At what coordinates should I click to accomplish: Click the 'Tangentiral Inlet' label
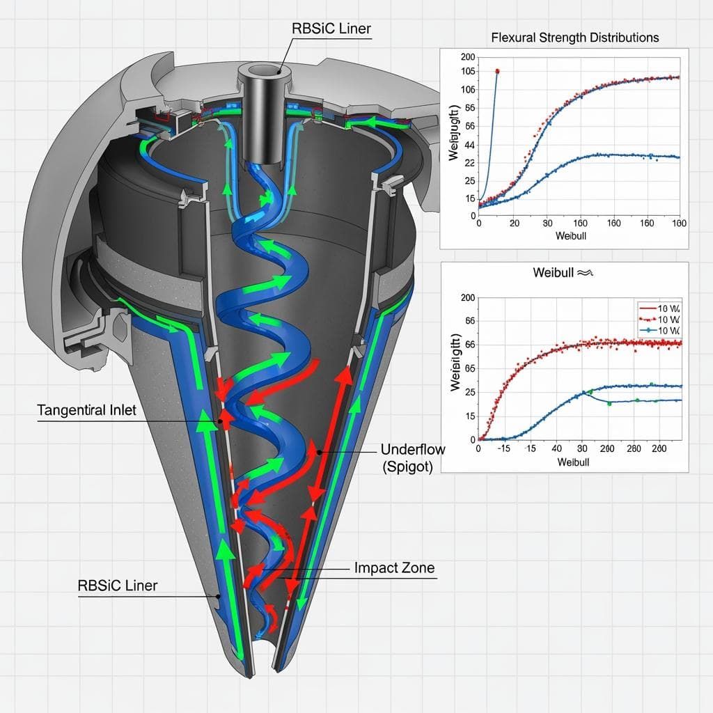point(86,410)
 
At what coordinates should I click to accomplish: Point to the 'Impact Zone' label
point(394,567)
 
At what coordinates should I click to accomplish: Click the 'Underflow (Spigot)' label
point(413,457)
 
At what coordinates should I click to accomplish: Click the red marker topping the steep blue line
point(497,71)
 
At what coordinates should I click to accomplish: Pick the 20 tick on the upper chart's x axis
point(515,224)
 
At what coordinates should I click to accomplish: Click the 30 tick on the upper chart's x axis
point(548,224)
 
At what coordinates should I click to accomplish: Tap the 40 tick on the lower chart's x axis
point(557,450)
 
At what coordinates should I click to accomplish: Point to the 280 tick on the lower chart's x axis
point(634,450)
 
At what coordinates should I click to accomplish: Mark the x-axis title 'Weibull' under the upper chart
point(572,237)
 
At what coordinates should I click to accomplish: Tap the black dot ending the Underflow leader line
point(319,453)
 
